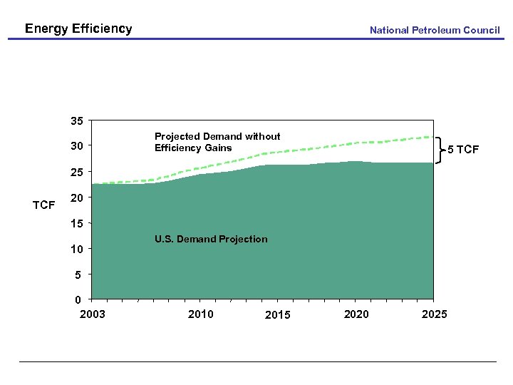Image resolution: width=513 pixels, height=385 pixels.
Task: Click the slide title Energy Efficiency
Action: [x=78, y=29]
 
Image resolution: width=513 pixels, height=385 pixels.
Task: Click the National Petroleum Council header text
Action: [x=435, y=30]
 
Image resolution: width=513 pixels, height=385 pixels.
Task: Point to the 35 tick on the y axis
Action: [x=76, y=121]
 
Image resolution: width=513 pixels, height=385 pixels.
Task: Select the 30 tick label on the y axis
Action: [x=76, y=146]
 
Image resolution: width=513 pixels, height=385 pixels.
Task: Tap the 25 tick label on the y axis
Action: [x=76, y=173]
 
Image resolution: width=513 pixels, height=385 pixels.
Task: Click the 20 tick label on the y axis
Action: [x=76, y=197]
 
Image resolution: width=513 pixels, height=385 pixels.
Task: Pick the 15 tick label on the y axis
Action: [x=76, y=224]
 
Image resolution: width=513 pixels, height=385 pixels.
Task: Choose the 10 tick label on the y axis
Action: [x=76, y=249]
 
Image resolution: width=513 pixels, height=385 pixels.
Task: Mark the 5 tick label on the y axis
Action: [x=79, y=274]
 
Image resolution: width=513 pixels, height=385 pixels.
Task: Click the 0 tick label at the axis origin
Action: [x=79, y=299]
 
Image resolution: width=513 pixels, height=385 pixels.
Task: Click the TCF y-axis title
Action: [x=44, y=205]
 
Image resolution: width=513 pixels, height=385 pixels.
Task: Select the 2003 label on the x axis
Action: [x=93, y=314]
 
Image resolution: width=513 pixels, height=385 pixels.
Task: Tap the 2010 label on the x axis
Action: [x=200, y=314]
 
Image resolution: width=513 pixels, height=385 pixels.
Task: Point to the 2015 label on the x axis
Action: [x=278, y=315]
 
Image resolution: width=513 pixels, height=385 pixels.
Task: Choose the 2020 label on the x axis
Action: [x=356, y=314]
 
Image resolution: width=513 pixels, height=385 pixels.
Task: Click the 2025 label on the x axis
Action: [x=435, y=314]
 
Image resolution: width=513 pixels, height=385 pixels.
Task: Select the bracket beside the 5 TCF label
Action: [x=439, y=150]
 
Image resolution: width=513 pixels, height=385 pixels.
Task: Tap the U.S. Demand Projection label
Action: [x=211, y=240]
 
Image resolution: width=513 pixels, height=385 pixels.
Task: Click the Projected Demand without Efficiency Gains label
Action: [x=217, y=142]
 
